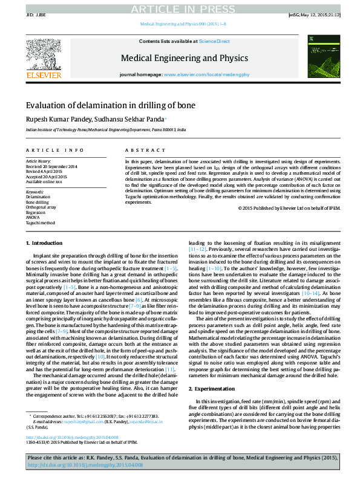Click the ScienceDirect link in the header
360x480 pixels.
[x=214, y=41]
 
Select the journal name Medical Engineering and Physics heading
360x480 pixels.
[x=185, y=58]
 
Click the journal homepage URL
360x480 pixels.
[x=208, y=74]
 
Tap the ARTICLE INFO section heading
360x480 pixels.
[x=54, y=150]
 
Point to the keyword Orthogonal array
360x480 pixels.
[x=41, y=207]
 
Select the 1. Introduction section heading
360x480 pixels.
[x=47, y=243]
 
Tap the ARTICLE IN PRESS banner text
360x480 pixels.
[x=180, y=8]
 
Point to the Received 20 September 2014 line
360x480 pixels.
[x=51, y=166]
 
